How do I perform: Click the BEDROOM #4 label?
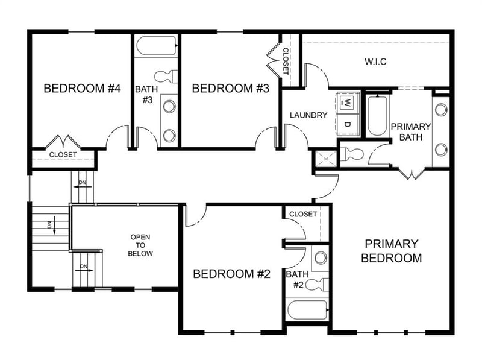coord(83,89)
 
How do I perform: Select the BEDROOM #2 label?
coord(231,274)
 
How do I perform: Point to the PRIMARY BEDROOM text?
coord(392,251)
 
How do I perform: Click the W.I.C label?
coord(375,62)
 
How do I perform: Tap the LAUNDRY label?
coord(308,115)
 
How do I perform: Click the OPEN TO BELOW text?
coord(140,245)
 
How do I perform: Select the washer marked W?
coord(348,103)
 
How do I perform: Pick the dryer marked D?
coord(348,124)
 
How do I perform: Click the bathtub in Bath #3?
coord(157,45)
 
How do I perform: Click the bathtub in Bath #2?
coord(307,310)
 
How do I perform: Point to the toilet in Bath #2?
coord(316,283)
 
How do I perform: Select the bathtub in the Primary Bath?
coord(377,114)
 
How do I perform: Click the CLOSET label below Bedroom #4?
coord(63,155)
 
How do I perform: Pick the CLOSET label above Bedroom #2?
coord(303,214)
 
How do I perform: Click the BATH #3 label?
coord(146,94)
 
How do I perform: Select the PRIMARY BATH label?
coord(410,131)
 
